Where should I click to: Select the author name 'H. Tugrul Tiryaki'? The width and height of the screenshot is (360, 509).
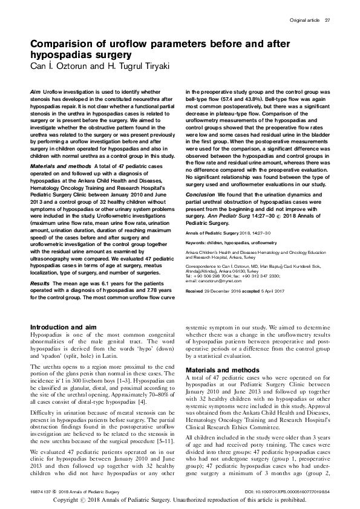[114, 66]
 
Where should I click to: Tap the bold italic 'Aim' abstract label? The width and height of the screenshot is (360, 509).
[35, 89]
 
